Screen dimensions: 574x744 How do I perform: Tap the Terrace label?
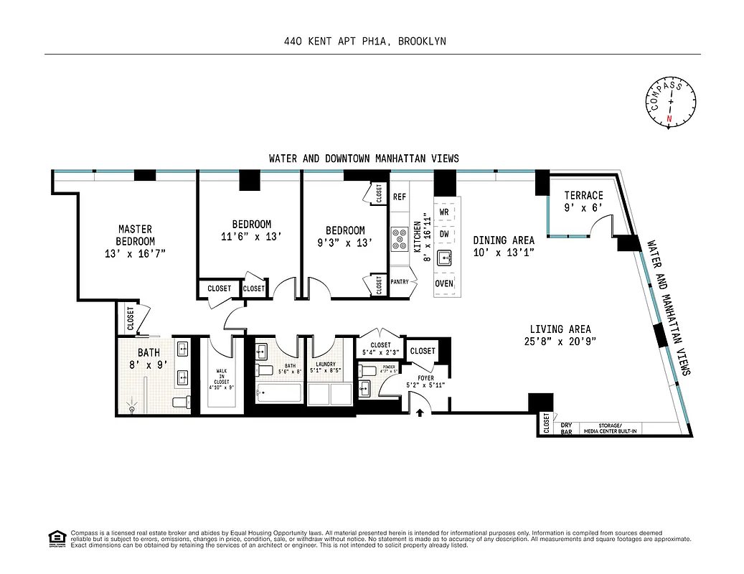pyautogui.click(x=583, y=195)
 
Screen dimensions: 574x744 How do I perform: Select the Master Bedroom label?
pyautogui.click(x=135, y=235)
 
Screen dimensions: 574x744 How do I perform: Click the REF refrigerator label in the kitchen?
pyautogui.click(x=400, y=197)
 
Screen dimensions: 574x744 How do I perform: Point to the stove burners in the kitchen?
pyautogui.click(x=399, y=239)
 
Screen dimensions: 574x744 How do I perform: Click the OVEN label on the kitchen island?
pyautogui.click(x=444, y=283)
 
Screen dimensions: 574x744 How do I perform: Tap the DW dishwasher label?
pyautogui.click(x=444, y=234)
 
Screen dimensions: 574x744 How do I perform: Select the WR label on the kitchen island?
pyautogui.click(x=444, y=212)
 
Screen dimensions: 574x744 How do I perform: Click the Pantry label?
pyautogui.click(x=400, y=282)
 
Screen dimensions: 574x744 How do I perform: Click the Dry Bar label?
pyautogui.click(x=566, y=428)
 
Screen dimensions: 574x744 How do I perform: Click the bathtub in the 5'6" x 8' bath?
pyautogui.click(x=278, y=394)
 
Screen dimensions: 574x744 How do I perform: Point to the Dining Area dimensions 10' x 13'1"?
pyautogui.click(x=503, y=252)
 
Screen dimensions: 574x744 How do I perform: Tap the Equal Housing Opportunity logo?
pyautogui.click(x=55, y=537)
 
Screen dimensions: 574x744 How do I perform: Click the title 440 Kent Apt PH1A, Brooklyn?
pyautogui.click(x=365, y=42)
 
